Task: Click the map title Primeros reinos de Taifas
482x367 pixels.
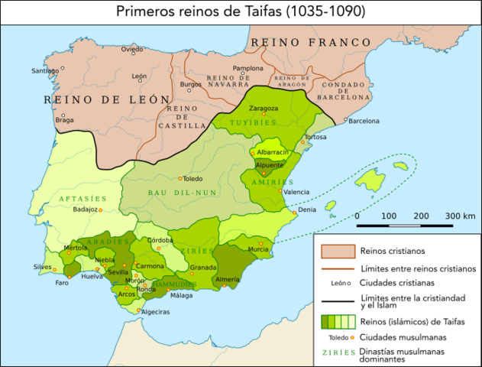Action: click(241, 11)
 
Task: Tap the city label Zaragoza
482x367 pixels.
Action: click(263, 108)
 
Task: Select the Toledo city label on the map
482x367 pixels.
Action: click(192, 177)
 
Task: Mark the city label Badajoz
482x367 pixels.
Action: click(84, 209)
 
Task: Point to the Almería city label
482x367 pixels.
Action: click(228, 280)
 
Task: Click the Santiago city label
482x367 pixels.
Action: click(44, 71)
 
